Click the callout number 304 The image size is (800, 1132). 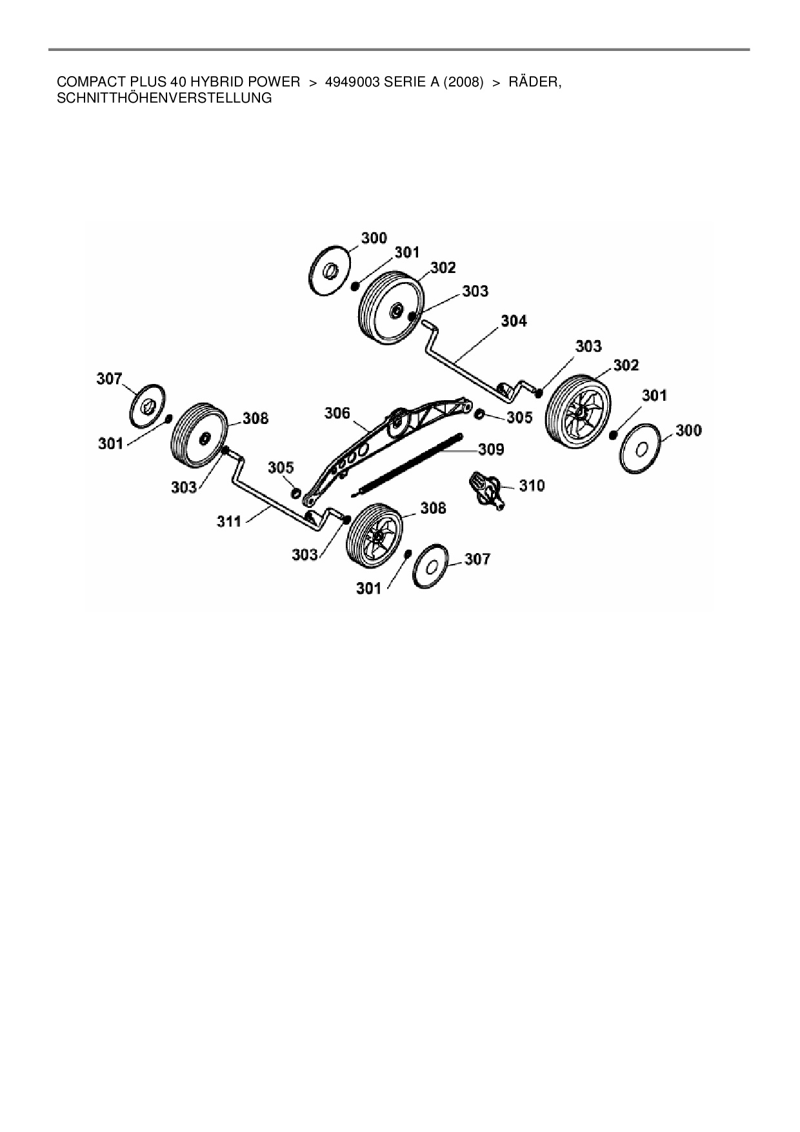(x=514, y=321)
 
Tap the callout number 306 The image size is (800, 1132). (x=337, y=412)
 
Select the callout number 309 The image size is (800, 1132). (x=491, y=449)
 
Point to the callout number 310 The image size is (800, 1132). (x=532, y=485)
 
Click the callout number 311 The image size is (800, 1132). (x=229, y=521)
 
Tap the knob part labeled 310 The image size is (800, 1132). (x=488, y=489)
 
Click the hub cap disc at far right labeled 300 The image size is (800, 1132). (x=642, y=449)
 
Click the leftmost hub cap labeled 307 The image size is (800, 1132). (x=148, y=405)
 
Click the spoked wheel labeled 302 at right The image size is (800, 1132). (x=577, y=409)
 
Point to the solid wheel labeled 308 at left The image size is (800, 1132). (x=198, y=438)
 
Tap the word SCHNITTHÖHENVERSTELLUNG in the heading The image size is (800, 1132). (x=165, y=99)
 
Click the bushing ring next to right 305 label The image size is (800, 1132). (x=480, y=413)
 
